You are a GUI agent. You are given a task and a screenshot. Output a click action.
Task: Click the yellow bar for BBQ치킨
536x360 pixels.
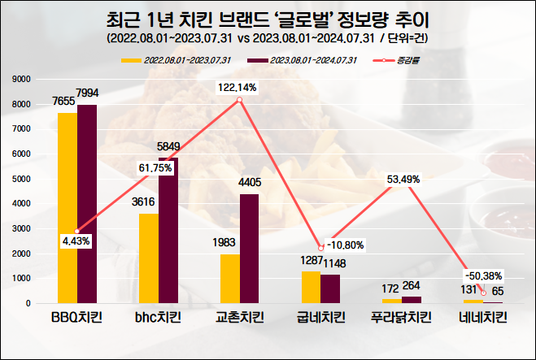(67, 208)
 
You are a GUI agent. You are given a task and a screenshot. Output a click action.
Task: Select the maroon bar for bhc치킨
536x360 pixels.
(168, 231)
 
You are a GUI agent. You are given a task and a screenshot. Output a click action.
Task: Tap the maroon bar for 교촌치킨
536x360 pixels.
(249, 249)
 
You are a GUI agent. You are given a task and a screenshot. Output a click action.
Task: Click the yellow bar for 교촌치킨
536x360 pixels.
(230, 279)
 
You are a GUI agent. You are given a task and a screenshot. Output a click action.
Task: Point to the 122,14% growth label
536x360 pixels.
(237, 87)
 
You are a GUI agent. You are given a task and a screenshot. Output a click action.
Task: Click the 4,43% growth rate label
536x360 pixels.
(76, 241)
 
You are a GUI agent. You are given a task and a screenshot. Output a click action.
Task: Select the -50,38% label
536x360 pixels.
(482, 273)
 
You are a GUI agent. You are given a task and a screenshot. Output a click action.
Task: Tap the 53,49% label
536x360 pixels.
(404, 179)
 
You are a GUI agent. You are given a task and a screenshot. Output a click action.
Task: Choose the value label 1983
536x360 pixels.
(225, 244)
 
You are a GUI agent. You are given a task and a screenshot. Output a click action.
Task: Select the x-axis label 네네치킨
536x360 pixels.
(483, 318)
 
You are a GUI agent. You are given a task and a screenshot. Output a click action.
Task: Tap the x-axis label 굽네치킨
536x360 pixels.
(321, 318)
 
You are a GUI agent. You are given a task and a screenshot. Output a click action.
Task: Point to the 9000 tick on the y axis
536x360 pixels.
(21, 79)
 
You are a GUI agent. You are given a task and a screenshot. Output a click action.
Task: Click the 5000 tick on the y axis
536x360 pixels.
(21, 179)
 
